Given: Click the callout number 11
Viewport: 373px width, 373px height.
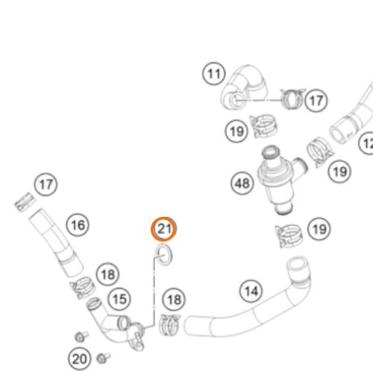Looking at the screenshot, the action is [x=214, y=74].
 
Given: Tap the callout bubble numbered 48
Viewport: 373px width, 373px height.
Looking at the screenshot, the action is [x=242, y=184].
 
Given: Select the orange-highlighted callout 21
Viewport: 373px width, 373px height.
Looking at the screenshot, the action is [x=164, y=229].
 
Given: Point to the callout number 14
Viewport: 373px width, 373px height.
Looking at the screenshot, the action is [x=251, y=291].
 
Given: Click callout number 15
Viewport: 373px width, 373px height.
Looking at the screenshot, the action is [x=120, y=299].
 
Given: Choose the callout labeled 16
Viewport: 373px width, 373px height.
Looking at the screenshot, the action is [x=78, y=225].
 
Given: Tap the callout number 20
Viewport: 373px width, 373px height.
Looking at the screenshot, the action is [x=80, y=359].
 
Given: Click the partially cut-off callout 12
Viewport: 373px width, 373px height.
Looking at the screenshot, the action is [x=367, y=144].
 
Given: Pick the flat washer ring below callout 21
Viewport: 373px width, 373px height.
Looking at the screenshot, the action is [x=163, y=254].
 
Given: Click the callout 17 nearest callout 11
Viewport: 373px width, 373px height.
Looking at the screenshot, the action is [x=316, y=101].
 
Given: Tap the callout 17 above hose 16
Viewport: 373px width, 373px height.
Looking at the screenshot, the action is [x=46, y=184].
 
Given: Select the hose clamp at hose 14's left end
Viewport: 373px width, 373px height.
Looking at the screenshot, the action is [x=170, y=325].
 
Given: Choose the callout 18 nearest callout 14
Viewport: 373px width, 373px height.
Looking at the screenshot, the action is [x=174, y=300].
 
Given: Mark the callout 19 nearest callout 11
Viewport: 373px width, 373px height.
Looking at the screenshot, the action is [x=236, y=131].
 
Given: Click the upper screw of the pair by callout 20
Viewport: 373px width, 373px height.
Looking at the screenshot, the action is [x=81, y=336].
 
